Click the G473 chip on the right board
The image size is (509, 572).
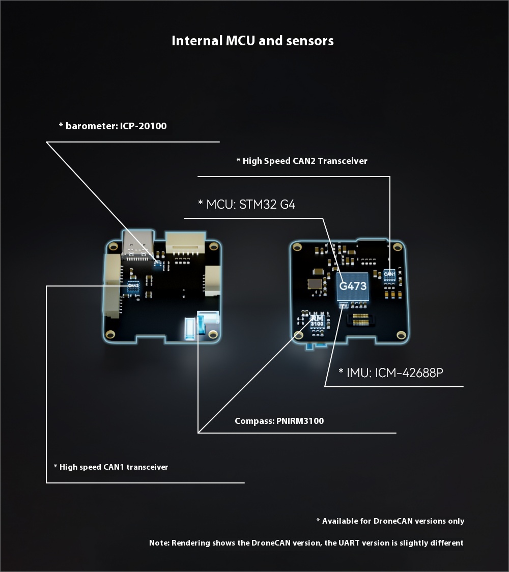point(352,287)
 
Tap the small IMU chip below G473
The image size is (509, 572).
point(344,305)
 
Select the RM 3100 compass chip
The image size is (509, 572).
point(317,321)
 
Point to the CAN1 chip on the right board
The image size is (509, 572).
point(389,275)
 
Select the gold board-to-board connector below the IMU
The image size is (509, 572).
point(360,320)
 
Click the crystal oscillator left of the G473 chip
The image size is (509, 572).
point(315,284)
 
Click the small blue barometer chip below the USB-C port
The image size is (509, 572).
point(158,263)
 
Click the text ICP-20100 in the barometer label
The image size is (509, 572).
point(144,126)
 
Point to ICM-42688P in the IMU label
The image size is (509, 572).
point(409,373)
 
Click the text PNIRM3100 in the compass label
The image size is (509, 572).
point(300,421)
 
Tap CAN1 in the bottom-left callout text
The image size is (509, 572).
point(114,467)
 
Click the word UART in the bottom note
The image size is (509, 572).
point(348,543)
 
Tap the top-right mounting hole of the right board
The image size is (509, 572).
point(398,247)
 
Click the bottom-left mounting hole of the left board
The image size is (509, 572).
point(110,334)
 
